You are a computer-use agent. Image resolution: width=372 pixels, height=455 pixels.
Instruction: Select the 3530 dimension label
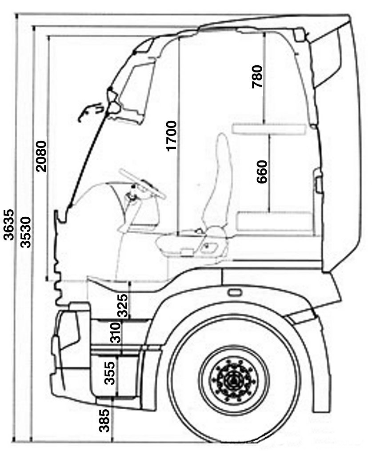(x=25, y=232)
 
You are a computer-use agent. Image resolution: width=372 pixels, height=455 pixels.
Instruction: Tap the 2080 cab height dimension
(x=40, y=156)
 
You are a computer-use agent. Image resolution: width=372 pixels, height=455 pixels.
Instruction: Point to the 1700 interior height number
(x=171, y=136)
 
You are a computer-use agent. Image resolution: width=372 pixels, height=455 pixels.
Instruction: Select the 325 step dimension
(x=122, y=306)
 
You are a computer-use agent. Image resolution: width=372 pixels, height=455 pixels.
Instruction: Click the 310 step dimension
(x=115, y=332)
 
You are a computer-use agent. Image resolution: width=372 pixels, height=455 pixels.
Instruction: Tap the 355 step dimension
(x=110, y=373)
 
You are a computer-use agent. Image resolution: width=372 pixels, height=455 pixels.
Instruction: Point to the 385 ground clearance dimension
(x=104, y=420)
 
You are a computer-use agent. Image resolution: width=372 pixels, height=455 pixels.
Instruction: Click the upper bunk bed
(x=269, y=129)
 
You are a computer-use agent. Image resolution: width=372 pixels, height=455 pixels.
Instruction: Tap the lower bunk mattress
(x=274, y=221)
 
